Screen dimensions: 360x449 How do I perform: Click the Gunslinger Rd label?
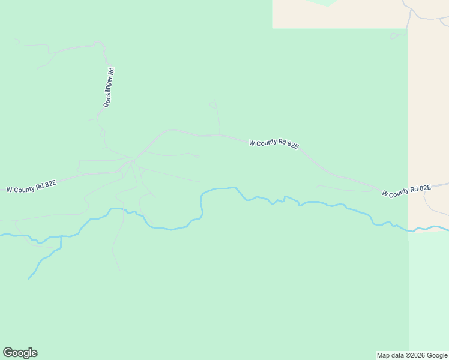point(109,88)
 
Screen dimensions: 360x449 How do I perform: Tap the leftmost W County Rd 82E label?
point(31,186)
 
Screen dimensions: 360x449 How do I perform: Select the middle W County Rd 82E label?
point(274,143)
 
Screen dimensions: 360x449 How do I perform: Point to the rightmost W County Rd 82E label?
point(406,191)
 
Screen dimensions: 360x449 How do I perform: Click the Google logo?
point(20,353)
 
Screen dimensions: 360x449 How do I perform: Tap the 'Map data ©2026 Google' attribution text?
point(411,355)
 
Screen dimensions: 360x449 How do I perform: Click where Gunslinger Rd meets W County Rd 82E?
point(133,159)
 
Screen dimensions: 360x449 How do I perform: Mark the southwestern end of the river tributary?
point(28,279)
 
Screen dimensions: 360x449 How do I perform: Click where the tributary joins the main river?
point(61,236)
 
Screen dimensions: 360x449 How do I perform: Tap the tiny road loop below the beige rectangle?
point(397,35)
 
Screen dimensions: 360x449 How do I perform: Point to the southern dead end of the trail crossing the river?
point(122,271)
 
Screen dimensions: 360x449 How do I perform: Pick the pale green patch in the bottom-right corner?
point(429,294)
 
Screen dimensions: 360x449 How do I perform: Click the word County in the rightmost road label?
point(405,191)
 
